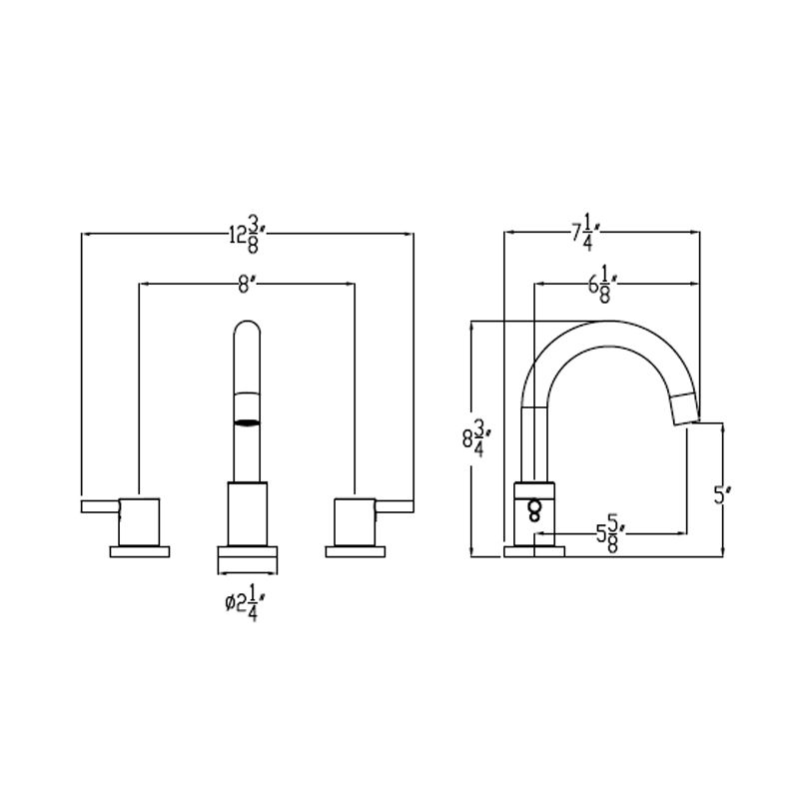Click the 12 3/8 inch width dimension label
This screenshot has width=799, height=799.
tap(246, 236)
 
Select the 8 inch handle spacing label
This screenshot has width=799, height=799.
tap(247, 285)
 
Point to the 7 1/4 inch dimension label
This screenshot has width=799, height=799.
tap(589, 234)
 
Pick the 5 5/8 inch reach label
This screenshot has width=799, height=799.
tap(610, 534)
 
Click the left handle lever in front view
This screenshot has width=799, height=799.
tap(100, 508)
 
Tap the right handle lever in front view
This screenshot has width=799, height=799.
tap(395, 508)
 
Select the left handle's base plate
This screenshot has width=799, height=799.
tap(141, 550)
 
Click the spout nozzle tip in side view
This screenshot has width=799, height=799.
tap(684, 407)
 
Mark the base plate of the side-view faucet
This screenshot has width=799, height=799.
tap(534, 550)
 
